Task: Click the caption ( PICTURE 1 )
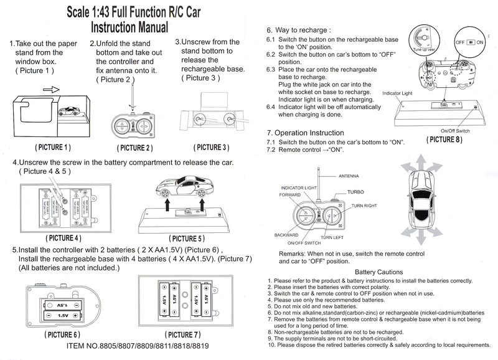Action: click(x=53, y=148)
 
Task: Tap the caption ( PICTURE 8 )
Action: click(x=444, y=140)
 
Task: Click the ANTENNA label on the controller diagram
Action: click(x=349, y=176)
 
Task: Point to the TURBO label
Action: click(x=355, y=192)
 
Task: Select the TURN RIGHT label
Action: click(x=364, y=206)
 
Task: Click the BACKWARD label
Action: click(x=286, y=235)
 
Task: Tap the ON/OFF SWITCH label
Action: click(x=304, y=243)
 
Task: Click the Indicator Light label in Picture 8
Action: click(x=397, y=93)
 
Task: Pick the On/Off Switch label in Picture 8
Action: click(x=455, y=131)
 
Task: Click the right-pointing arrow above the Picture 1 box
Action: click(x=52, y=90)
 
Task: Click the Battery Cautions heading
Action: click(x=378, y=272)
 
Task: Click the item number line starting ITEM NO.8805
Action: click(x=138, y=346)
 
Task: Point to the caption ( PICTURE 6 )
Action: click(x=62, y=334)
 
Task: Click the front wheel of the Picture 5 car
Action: click(x=166, y=194)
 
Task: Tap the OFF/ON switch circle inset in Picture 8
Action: click(x=470, y=42)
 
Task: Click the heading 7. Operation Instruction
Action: click(x=305, y=133)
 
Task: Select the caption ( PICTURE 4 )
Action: click(x=63, y=238)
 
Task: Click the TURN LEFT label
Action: click(x=332, y=237)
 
